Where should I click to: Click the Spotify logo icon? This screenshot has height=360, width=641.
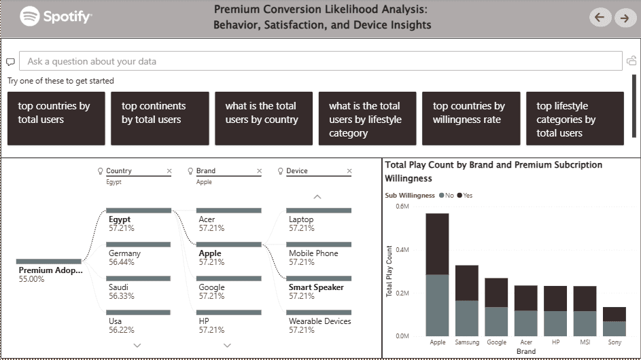(29, 16)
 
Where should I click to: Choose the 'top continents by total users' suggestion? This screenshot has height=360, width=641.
(160, 118)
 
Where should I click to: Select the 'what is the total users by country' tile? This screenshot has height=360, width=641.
(264, 118)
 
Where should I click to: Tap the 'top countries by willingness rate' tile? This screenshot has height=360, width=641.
(471, 118)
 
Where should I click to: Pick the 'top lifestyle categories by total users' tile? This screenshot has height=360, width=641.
(575, 118)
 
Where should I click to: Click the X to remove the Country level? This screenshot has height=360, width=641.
(169, 171)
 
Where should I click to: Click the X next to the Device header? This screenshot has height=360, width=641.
(349, 171)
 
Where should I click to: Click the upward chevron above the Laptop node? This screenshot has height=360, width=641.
(317, 196)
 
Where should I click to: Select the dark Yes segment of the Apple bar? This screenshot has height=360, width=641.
(437, 244)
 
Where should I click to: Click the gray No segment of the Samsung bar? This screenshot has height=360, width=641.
(467, 318)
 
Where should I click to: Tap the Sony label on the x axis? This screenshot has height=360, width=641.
(614, 342)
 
